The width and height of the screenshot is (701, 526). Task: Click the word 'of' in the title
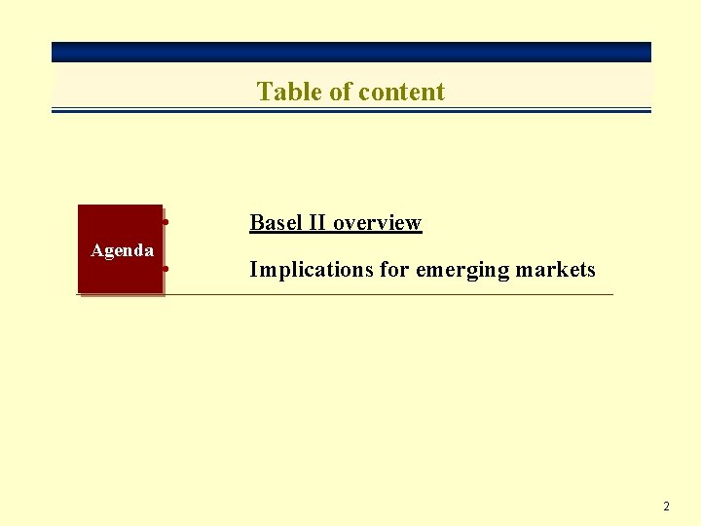pyautogui.click(x=341, y=92)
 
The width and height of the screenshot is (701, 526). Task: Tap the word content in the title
pyautogui.click(x=401, y=92)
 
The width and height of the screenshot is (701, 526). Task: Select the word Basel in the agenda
pyautogui.click(x=277, y=222)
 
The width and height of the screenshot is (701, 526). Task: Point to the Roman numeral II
pyautogui.click(x=317, y=222)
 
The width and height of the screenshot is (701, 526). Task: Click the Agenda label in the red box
pyautogui.click(x=122, y=250)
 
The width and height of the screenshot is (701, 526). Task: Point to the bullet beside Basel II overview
pyautogui.click(x=167, y=223)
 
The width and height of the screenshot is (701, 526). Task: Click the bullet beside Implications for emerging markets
pyautogui.click(x=167, y=267)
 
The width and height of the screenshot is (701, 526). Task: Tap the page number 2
pyautogui.click(x=666, y=507)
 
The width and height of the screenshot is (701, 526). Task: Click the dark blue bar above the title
pyautogui.click(x=350, y=52)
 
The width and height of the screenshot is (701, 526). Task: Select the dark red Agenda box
pyautogui.click(x=120, y=278)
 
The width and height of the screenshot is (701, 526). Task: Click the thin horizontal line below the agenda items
pyautogui.click(x=389, y=294)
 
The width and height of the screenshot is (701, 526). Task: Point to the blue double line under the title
pyautogui.click(x=350, y=110)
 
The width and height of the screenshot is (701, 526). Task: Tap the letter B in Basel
pyautogui.click(x=256, y=222)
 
